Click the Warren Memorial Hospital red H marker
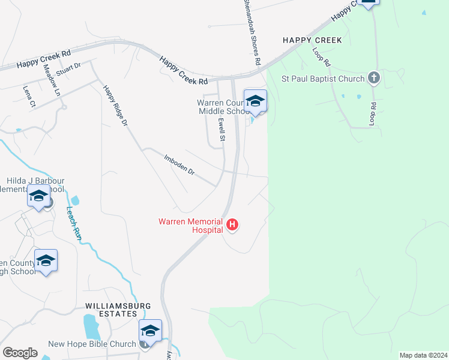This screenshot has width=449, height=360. click(232, 226)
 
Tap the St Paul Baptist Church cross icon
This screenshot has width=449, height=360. click(373, 78)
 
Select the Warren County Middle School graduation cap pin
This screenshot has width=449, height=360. click(255, 101)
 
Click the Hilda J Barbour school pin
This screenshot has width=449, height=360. click(39, 197)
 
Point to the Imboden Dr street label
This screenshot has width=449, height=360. click(179, 164)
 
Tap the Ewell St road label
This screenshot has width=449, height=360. click(221, 129)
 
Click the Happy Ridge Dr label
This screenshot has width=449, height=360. click(115, 106)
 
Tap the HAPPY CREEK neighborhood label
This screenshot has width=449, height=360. click(312, 40)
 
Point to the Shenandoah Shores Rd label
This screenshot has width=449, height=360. click(252, 32)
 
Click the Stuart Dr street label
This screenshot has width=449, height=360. click(69, 69)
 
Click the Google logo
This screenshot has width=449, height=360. click(20, 353)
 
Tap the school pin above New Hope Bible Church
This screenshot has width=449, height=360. click(150, 331)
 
